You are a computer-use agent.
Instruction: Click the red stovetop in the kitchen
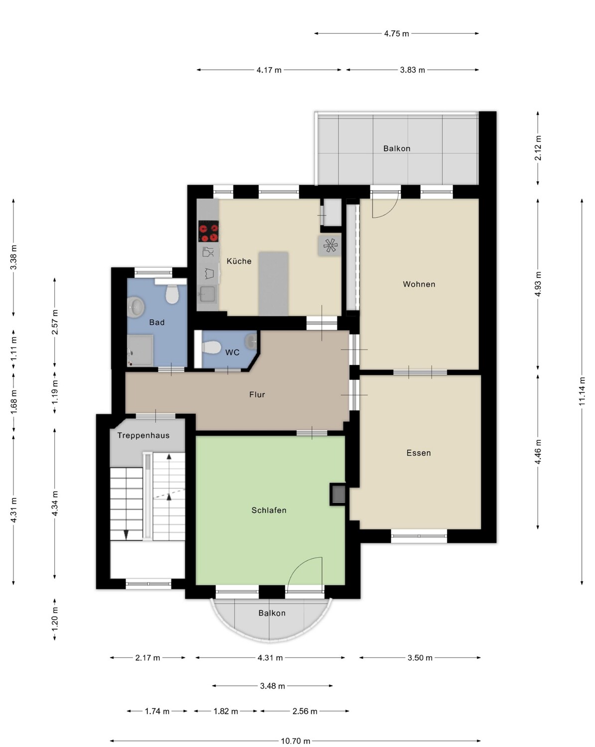pyautogui.click(x=208, y=231)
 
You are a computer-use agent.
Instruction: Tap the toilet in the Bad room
pyautogui.click(x=172, y=294)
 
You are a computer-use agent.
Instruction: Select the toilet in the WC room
pyautogui.click(x=212, y=347)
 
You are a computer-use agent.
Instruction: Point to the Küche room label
pyautogui.click(x=239, y=261)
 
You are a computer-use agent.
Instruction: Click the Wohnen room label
pyautogui.click(x=419, y=284)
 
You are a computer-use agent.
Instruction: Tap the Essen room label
pyautogui.click(x=418, y=453)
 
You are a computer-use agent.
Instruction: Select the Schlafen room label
pyautogui.click(x=269, y=510)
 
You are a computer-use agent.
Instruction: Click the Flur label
pyautogui.click(x=257, y=394)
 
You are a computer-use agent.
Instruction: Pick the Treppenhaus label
pyautogui.click(x=143, y=435)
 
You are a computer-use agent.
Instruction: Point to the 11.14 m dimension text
pyautogui.click(x=582, y=391)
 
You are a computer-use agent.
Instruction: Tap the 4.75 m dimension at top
pyautogui.click(x=396, y=34)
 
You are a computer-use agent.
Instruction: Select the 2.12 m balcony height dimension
pyautogui.click(x=538, y=148)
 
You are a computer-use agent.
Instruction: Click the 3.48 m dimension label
pyautogui.click(x=272, y=686)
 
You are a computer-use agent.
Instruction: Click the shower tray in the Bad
pyautogui.click(x=140, y=350)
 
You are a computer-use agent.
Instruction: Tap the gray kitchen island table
pyautogui.click(x=273, y=283)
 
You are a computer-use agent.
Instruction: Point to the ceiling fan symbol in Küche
pyautogui.click(x=330, y=246)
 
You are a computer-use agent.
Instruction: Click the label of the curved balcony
pyautogui.click(x=272, y=613)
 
